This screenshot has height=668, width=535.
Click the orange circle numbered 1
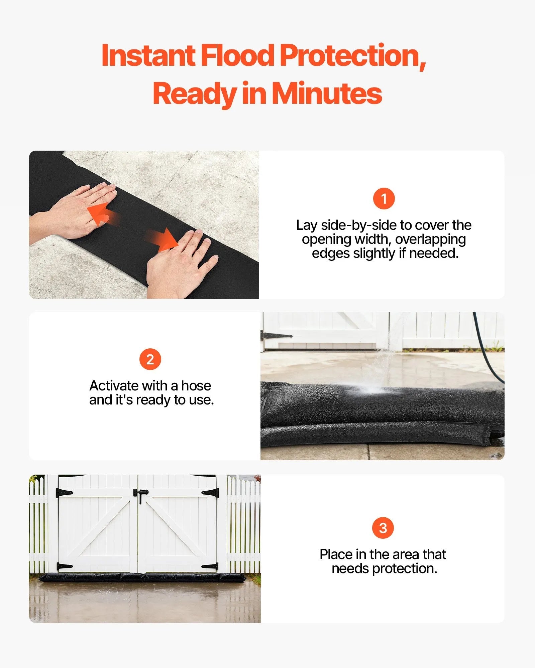[x=384, y=199]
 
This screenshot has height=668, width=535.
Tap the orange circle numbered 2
[x=150, y=359]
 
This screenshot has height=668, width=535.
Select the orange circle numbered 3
[x=383, y=528]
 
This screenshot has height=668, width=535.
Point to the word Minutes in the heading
[x=327, y=94]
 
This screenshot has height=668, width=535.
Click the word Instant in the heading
[x=148, y=56]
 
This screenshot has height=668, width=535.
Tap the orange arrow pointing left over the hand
[x=99, y=214]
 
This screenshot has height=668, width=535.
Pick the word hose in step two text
[x=196, y=386]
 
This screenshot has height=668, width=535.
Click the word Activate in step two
[x=114, y=386]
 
